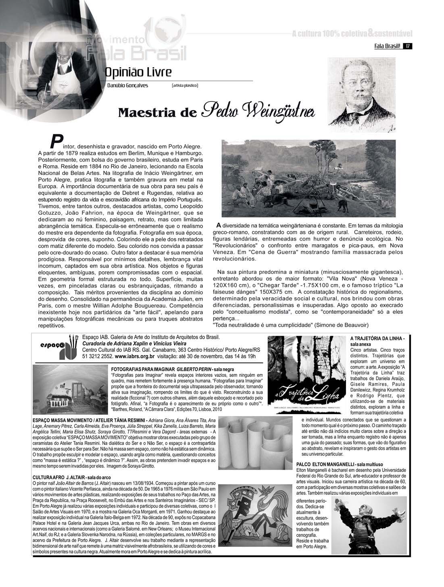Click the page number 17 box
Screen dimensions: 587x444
tap(408, 46)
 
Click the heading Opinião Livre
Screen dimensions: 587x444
tap(138, 73)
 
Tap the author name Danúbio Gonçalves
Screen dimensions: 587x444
tap(127, 85)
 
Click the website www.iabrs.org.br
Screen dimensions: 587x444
tap(135, 356)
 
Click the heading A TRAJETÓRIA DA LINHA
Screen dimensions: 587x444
tap(377, 338)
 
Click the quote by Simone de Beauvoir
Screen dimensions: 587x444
tap(290, 325)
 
